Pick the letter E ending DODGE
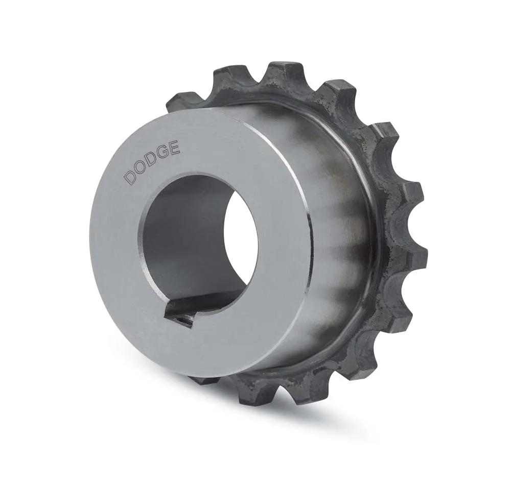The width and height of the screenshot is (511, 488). [x=175, y=148]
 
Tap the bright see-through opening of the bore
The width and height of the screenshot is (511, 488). [x=241, y=234]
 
